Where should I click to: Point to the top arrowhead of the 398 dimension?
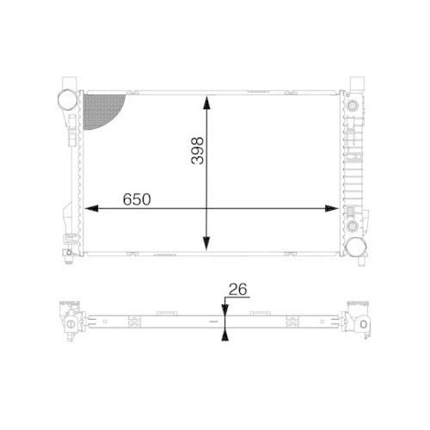(206, 102)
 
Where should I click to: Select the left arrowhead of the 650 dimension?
(89, 208)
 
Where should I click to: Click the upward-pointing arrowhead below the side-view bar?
(224, 334)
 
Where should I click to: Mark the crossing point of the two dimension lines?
(206, 208)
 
